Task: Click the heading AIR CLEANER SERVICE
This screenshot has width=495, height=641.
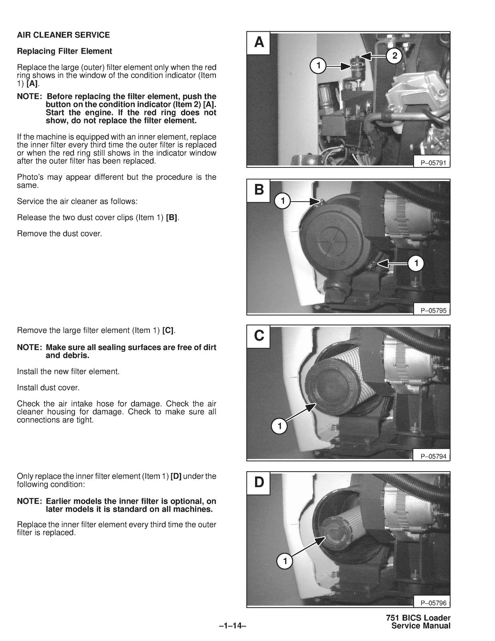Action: click(63, 35)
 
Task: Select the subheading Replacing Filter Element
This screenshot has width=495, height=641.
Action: click(64, 51)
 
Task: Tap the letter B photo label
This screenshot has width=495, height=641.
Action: click(259, 189)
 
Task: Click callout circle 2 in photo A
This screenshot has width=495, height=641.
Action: click(394, 56)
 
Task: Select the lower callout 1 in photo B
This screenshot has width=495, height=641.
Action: click(416, 263)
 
